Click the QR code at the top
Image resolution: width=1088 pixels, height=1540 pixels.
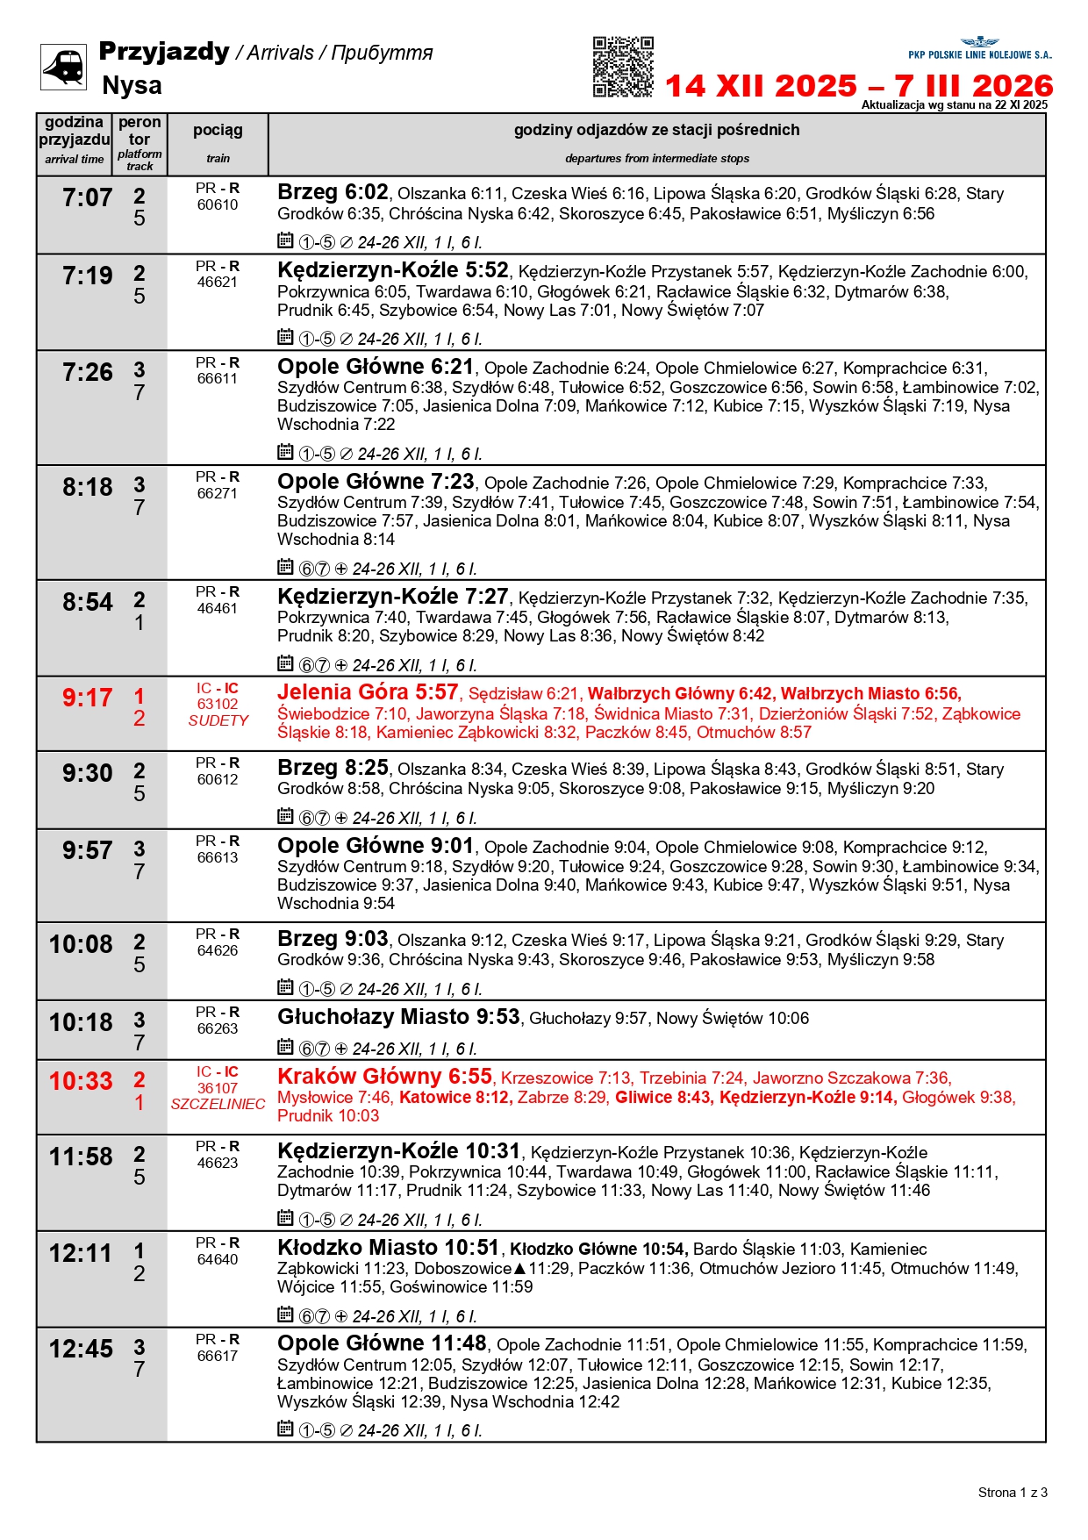pyautogui.click(x=623, y=67)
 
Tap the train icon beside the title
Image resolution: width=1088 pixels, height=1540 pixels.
pyautogui.click(x=64, y=68)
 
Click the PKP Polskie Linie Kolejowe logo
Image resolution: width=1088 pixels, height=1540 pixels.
pyautogui.click(x=979, y=48)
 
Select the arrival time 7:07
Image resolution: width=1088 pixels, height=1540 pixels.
pyautogui.click(x=87, y=198)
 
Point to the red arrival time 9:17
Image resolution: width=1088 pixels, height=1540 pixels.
pyautogui.click(x=87, y=698)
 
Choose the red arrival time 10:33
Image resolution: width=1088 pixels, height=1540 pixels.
pyautogui.click(x=81, y=1082)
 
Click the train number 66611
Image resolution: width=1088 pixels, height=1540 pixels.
pyautogui.click(x=218, y=379)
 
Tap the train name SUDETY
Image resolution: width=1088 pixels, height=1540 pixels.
pyautogui.click(x=218, y=720)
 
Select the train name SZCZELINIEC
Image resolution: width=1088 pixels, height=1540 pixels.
pyautogui.click(x=218, y=1104)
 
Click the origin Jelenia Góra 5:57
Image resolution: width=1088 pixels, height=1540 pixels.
pyautogui.click(x=368, y=692)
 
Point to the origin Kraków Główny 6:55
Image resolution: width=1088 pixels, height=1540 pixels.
pyautogui.click(x=384, y=1077)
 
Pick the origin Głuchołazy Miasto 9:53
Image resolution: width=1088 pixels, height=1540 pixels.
pyautogui.click(x=398, y=1017)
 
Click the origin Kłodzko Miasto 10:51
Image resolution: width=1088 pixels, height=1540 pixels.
pyautogui.click(x=388, y=1248)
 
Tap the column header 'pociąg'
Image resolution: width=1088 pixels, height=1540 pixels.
pyautogui.click(x=218, y=130)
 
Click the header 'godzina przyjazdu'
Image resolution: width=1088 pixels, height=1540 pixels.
pyautogui.click(x=75, y=131)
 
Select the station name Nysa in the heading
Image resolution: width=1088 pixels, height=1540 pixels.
pyautogui.click(x=132, y=85)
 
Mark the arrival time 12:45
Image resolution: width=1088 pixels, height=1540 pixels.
pyautogui.click(x=81, y=1349)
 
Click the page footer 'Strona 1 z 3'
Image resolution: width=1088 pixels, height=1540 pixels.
pyautogui.click(x=1013, y=1493)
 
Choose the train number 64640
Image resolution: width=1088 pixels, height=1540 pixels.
pyautogui.click(x=218, y=1259)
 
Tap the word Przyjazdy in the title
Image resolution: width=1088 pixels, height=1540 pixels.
pyautogui.click(x=164, y=51)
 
